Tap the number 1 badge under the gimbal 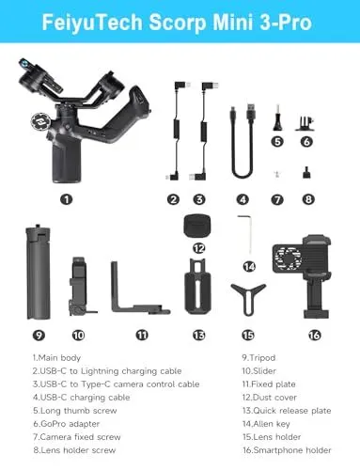66,199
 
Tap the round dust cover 197,225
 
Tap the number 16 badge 314,334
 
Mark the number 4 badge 243,199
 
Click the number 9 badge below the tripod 38,335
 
